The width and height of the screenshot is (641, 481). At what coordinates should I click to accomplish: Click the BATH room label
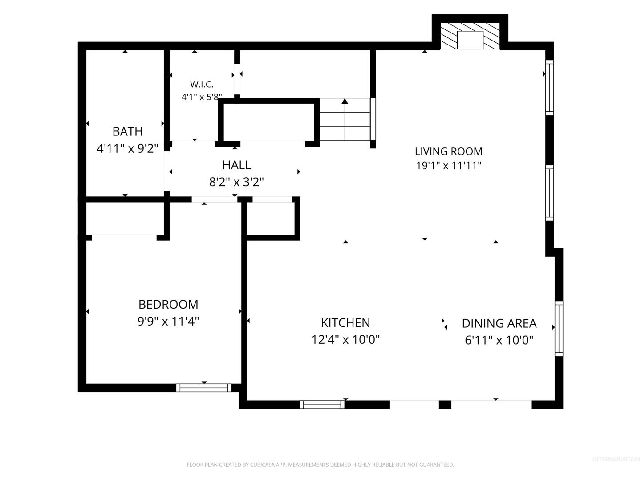pos(128,131)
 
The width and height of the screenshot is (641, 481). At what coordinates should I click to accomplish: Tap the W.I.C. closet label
pos(202,85)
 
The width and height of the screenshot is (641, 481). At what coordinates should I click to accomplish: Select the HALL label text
pos(236,165)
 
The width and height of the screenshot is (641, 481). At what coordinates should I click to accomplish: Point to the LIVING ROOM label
pos(449,151)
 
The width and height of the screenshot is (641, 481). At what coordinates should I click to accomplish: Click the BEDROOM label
pos(168,305)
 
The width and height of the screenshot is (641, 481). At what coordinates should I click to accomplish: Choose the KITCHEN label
pos(345,323)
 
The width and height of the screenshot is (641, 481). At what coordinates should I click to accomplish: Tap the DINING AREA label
pos(499,323)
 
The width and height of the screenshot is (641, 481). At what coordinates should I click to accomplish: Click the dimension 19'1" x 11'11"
pos(449,166)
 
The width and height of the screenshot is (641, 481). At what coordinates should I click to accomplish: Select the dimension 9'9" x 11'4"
pos(168,322)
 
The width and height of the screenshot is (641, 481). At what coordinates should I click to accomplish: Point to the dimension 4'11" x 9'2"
pos(128,149)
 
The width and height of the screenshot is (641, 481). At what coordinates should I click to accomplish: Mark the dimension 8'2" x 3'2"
pos(236,182)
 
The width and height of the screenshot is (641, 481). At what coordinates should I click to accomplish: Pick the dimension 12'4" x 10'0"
pos(345,340)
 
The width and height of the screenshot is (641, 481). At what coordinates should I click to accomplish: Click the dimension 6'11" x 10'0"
pos(499,340)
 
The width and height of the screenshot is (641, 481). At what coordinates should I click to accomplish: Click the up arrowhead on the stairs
pos(345,102)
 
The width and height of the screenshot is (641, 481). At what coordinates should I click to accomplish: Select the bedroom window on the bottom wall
pos(204,388)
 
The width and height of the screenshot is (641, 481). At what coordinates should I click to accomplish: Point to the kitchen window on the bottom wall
pos(322,405)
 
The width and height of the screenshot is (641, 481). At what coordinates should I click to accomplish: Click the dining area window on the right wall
pos(559,329)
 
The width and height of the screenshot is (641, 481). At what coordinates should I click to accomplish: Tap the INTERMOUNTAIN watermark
pos(616,459)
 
